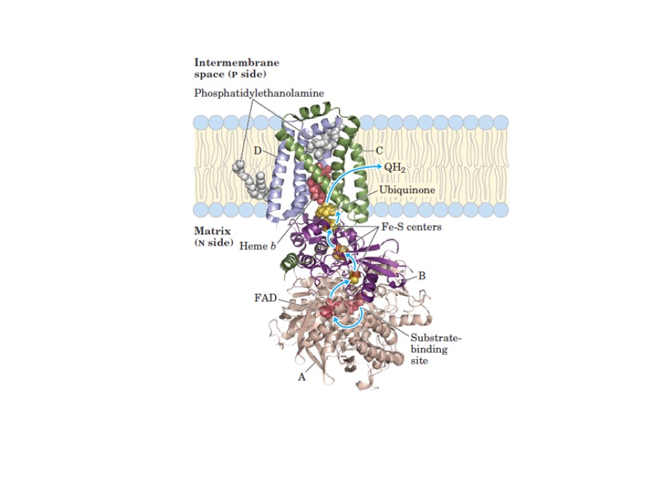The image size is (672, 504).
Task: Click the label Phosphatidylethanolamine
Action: pyautogui.click(x=259, y=93)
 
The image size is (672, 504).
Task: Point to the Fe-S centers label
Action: pyautogui.click(x=411, y=227)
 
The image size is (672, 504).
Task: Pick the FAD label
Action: pyautogui.click(x=265, y=298)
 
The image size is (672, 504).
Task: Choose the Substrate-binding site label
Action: pyautogui.click(x=436, y=349)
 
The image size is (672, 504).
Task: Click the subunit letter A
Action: pyautogui.click(x=302, y=377)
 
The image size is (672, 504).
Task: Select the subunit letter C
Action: pyautogui.click(x=379, y=150)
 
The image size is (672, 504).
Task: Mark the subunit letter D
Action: pyautogui.click(x=258, y=151)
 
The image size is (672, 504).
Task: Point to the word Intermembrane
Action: pyautogui.click(x=236, y=62)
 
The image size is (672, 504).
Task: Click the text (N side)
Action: pyautogui.click(x=214, y=243)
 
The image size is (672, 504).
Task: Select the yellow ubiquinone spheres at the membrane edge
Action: pyautogui.click(x=325, y=212)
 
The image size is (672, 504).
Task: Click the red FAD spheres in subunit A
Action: pyautogui.click(x=328, y=308)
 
